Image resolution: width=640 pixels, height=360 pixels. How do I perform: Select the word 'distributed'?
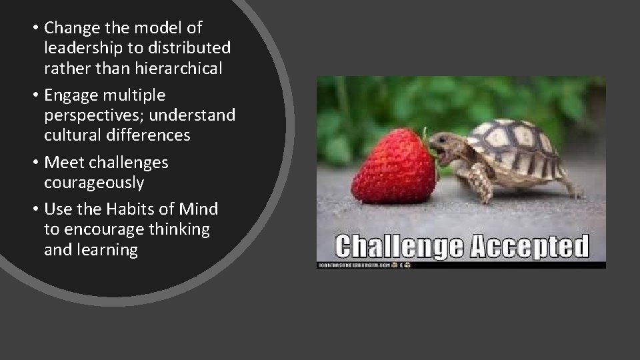[x=193, y=49]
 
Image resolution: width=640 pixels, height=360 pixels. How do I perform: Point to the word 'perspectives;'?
[x=94, y=115]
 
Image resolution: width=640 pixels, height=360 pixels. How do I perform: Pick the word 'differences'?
[x=151, y=135]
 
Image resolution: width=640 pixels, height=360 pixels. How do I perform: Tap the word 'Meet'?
[x=63, y=162]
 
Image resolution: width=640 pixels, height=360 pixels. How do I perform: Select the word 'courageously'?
[x=94, y=182]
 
